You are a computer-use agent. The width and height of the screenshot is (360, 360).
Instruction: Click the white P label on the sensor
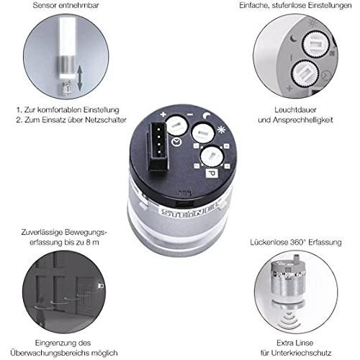tap(212, 174)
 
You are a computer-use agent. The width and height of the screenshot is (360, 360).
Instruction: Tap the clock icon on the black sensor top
tap(176, 143)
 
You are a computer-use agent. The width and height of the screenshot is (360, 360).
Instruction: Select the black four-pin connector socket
tap(158, 146)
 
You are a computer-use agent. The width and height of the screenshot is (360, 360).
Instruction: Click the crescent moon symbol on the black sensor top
tap(207, 116)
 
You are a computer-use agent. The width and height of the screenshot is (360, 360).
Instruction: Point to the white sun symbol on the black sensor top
tap(221, 130)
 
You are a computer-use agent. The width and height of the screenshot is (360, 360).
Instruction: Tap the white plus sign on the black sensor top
tap(163, 114)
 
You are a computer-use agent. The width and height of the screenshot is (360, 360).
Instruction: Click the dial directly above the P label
tap(212, 156)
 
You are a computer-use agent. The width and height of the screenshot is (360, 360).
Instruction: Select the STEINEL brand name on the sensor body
tap(189, 210)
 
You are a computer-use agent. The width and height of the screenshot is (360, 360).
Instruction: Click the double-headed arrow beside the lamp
tap(80, 78)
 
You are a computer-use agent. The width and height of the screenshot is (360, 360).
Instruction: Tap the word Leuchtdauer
tap(295, 110)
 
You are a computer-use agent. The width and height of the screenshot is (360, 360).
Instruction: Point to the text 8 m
tap(92, 243)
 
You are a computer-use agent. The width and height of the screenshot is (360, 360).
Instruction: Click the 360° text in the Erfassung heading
tap(297, 242)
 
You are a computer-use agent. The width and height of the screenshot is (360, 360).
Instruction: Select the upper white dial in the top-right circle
tap(315, 44)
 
